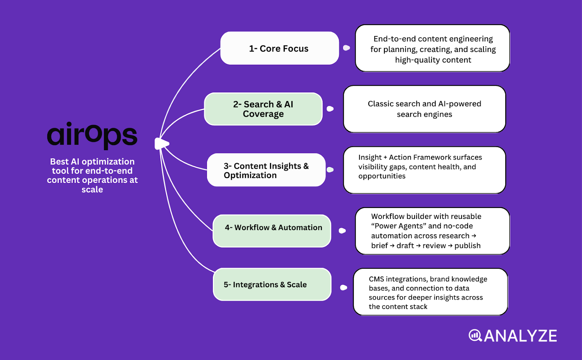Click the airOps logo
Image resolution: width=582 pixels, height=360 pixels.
point(92,136)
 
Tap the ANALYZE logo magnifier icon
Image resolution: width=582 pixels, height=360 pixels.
point(475,335)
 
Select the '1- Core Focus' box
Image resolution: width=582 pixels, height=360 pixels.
point(279,48)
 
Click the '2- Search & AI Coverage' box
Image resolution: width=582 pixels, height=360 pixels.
point(263,109)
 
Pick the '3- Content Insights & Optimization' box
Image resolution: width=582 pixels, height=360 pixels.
point(266,170)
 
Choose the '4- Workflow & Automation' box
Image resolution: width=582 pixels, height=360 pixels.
point(272,231)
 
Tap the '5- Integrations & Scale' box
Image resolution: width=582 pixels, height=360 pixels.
point(272,284)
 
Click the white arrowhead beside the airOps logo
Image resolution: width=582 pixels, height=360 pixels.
point(161,144)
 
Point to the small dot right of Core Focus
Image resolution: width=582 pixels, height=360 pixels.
point(346,48)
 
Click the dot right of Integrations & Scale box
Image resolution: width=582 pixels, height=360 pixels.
point(343,288)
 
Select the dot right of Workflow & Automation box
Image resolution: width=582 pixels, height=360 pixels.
point(342,231)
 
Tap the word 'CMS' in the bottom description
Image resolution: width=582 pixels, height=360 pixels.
point(376,279)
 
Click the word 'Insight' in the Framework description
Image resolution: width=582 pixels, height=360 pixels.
point(370,157)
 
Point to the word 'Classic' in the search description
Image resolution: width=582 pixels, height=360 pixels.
point(380,104)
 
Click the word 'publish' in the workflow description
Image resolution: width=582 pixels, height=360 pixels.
point(467,246)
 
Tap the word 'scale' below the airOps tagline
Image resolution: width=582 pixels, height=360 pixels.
point(92,189)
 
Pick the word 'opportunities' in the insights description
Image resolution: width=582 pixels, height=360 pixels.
point(382,176)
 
